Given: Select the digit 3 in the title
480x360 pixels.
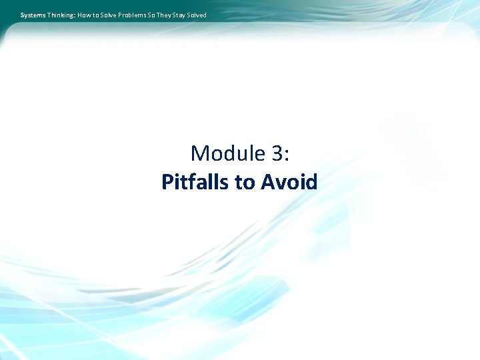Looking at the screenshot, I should [277, 153].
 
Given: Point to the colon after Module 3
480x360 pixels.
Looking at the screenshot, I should [287, 155].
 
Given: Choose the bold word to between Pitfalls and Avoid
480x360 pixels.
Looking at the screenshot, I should [245, 181].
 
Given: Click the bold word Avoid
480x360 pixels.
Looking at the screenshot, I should [289, 181].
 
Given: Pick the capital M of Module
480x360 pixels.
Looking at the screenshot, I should [200, 153].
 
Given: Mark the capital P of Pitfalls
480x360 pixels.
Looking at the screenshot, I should [168, 181].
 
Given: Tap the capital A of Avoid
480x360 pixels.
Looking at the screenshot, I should [268, 181].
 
